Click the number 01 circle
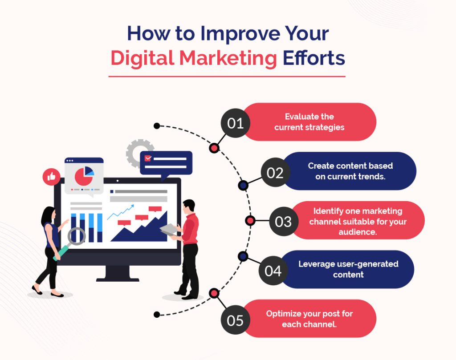coord(236,122)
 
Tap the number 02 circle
coord(275,172)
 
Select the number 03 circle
coord(283,221)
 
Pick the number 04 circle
coord(273,270)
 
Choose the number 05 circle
coord(236,320)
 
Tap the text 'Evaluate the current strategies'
coord(309,122)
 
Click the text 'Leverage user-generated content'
coord(348,269)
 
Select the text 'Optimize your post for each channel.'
coord(309,319)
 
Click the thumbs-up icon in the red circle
coord(51,177)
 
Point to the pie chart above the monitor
coord(84,175)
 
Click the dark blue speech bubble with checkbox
coord(166,163)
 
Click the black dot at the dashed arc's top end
coord(157,126)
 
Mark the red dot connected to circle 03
coord(250,221)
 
